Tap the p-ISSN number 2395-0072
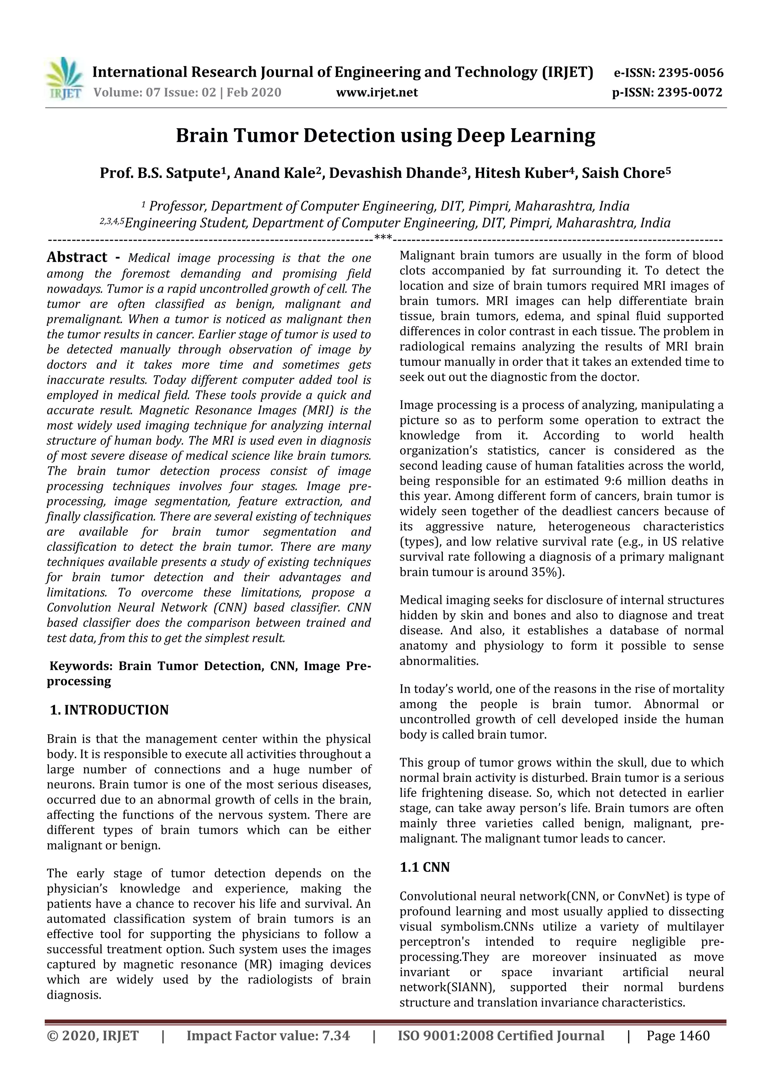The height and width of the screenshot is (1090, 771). [x=690, y=92]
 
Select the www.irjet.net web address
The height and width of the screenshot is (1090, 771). [x=377, y=92]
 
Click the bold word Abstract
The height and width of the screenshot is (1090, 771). [x=77, y=257]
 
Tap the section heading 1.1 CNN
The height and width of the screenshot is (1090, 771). [x=424, y=867]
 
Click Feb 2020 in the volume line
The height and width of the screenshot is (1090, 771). [x=254, y=92]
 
